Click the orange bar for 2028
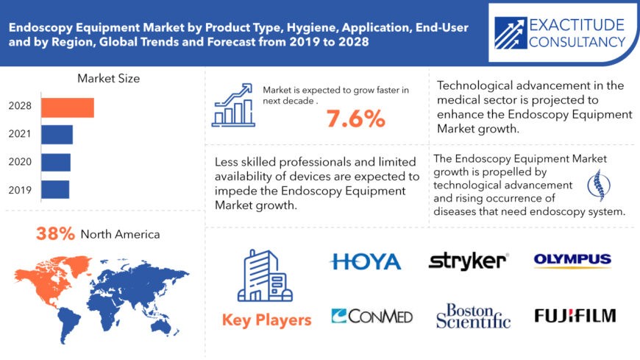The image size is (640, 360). pyautogui.click(x=67, y=107)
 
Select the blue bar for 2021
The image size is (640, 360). pyautogui.click(x=57, y=135)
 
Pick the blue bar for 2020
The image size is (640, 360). pyautogui.click(x=55, y=162)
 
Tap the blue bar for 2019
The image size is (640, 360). pyautogui.click(x=54, y=189)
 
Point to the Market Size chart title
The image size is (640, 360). pyautogui.click(x=108, y=78)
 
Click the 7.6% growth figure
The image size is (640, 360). pyautogui.click(x=355, y=119)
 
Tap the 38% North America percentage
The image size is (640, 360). pyautogui.click(x=56, y=234)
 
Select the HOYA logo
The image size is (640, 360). pyautogui.click(x=365, y=261)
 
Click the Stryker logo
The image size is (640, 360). pyautogui.click(x=468, y=261)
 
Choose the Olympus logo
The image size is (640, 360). pyautogui.click(x=572, y=260)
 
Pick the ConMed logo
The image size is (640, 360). pyautogui.click(x=371, y=316)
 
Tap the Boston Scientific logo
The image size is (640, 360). pyautogui.click(x=472, y=315)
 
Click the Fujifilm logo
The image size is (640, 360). pyautogui.click(x=575, y=316)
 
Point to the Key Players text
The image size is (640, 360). pyautogui.click(x=266, y=320)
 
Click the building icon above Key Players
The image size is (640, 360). pyautogui.click(x=266, y=275)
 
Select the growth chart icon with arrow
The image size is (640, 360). pyautogui.click(x=233, y=104)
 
